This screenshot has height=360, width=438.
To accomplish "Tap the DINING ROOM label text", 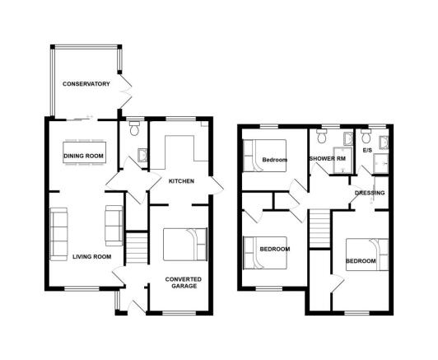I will pos(83,155).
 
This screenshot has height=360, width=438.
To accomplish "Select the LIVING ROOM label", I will pos(91,256).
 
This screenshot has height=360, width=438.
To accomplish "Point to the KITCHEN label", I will pos(181,180).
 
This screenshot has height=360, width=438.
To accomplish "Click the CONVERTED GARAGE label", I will pos(183,283).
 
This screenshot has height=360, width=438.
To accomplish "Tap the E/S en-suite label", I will pos(367,152).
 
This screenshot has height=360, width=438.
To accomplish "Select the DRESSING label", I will pos(370,194).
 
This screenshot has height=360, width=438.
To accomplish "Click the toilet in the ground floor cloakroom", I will pos(134,129).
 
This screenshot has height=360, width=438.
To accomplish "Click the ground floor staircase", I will pos(135,248).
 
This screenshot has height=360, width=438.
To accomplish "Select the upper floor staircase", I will pos(320,229).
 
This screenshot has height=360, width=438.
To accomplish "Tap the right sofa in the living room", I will pos(114,222).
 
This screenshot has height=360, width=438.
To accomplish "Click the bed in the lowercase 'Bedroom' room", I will pos(263,157).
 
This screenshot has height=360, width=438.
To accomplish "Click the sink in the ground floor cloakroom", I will pos(142,156).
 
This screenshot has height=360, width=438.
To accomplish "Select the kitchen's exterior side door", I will pos(217,186).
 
